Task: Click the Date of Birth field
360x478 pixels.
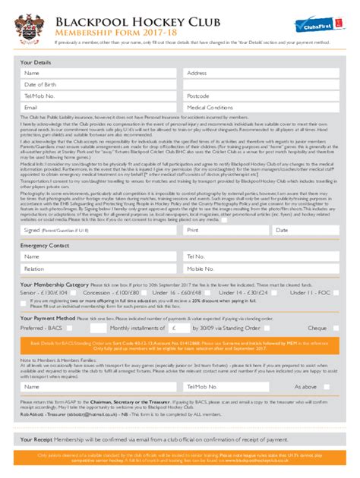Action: (99, 85)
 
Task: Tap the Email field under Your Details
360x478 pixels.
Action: (99, 108)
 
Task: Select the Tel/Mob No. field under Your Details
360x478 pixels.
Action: (99, 96)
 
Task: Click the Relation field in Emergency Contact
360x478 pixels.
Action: (99, 269)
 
